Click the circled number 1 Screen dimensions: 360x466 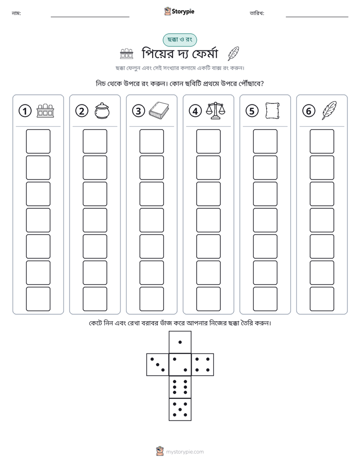pyautogui.click(x=25, y=111)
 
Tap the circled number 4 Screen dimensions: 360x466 pyautogui.click(x=195, y=111)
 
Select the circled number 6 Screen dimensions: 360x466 pyautogui.click(x=309, y=111)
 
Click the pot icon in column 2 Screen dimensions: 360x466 pyautogui.click(x=102, y=111)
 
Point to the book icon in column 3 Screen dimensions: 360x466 pyautogui.click(x=159, y=111)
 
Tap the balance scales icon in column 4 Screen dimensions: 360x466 pyautogui.click(x=216, y=111)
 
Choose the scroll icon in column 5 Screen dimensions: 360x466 pyautogui.click(x=272, y=111)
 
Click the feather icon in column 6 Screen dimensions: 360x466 pyautogui.click(x=329, y=110)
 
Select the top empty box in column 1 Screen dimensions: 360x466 pyautogui.click(x=38, y=141)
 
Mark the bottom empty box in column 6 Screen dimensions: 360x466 pyautogui.click(x=322, y=299)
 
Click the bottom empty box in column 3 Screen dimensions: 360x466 pyautogui.click(x=152, y=299)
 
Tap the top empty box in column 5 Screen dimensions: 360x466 pyautogui.click(x=265, y=141)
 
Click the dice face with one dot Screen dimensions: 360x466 pyautogui.click(x=180, y=342)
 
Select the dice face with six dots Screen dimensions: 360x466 pyautogui.click(x=180, y=387)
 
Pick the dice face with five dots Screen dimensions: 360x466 pyautogui.click(x=180, y=410)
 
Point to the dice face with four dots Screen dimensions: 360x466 pyautogui.click(x=203, y=365)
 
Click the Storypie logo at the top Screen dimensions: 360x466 pyautogui.click(x=179, y=11)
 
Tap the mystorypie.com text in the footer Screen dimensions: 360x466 pyautogui.click(x=185, y=452)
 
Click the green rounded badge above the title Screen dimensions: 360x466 pyautogui.click(x=179, y=40)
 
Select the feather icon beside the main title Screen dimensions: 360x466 pyautogui.click(x=233, y=54)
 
